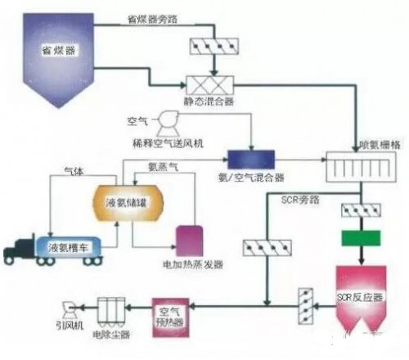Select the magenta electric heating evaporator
tap(191, 237)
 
